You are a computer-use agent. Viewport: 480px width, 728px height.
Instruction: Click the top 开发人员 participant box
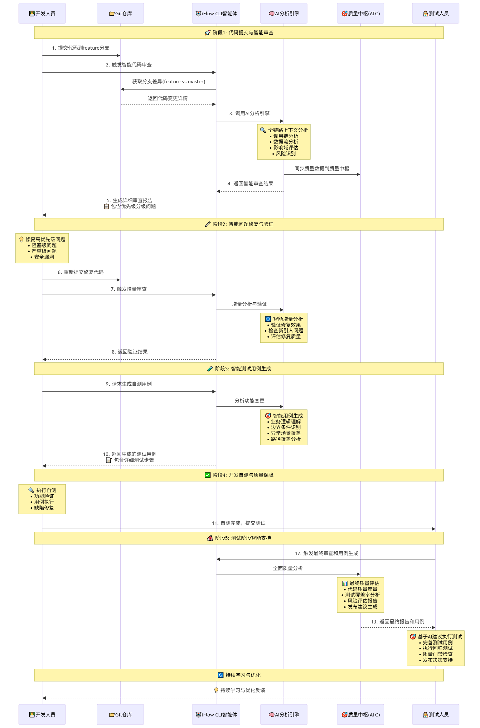pos(42,13)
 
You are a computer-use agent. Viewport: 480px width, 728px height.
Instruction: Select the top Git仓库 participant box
pos(120,13)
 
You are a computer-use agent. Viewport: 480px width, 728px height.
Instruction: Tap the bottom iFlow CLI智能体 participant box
pos(216,714)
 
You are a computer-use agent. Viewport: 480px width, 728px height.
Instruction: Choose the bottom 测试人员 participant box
pos(436,714)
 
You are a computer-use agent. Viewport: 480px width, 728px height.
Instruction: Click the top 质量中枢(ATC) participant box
pos(361,13)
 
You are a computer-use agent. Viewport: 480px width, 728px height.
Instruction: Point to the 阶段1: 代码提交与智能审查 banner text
pos(243,32)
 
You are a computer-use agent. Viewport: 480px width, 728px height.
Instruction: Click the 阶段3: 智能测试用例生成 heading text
pos(243,369)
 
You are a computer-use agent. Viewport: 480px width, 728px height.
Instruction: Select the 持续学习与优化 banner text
pos(243,675)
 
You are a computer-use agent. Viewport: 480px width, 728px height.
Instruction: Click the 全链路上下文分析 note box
pos(284,142)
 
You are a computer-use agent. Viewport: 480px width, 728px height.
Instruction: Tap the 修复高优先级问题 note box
pos(42,248)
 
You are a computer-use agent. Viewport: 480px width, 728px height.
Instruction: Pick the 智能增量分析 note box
pos(284,328)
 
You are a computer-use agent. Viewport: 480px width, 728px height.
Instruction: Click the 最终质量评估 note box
pos(361,595)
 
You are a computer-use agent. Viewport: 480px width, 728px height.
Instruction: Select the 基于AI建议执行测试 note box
pos(436,648)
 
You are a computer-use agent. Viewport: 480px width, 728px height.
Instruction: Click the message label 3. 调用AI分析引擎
pos(250,114)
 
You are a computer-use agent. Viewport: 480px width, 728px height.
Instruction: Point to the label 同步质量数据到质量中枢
pos(322,169)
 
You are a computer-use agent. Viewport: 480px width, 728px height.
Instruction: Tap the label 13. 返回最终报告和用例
pos(398,622)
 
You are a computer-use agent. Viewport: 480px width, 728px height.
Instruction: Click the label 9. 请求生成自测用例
pos(129,384)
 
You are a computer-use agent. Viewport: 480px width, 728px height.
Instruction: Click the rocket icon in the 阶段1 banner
pos(208,32)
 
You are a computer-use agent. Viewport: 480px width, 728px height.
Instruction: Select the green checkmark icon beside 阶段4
pos(208,475)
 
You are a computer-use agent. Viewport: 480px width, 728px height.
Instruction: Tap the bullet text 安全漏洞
pos(44,257)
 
